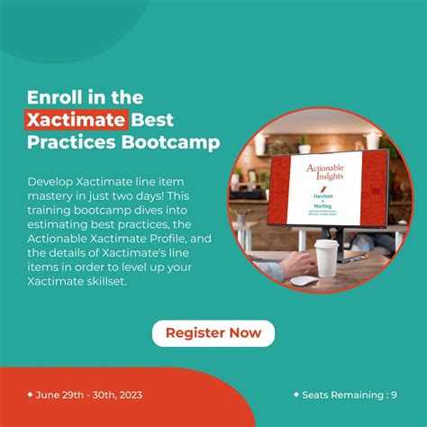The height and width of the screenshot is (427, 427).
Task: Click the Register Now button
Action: tap(213, 333)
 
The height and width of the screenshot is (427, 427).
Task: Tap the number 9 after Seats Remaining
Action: tap(393, 395)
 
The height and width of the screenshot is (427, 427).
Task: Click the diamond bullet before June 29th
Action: tap(30, 394)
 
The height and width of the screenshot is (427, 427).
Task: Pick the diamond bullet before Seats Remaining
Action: tap(295, 394)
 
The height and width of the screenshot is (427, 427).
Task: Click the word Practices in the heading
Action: tap(68, 141)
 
